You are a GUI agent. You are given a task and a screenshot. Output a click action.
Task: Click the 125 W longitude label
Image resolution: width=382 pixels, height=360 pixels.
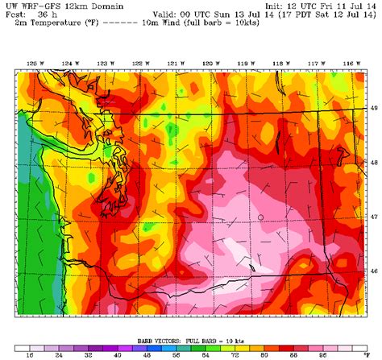33,63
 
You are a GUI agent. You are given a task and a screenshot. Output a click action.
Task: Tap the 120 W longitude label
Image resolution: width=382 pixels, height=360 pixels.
208,63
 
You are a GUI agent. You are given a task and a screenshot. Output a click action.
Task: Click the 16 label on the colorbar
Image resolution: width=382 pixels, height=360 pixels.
30,354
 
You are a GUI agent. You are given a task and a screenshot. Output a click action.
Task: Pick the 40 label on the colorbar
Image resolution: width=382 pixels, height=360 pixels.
118,354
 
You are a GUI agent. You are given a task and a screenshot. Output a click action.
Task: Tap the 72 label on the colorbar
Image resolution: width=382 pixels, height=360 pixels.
235,354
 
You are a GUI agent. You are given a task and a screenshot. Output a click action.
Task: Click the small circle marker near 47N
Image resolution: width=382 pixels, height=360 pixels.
260,217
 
